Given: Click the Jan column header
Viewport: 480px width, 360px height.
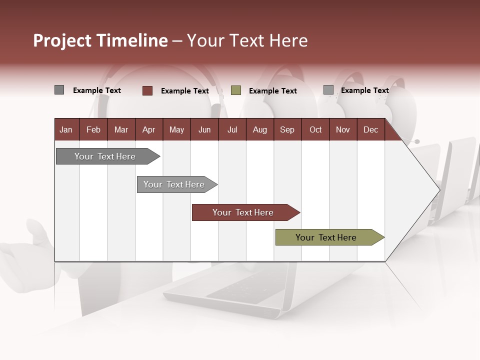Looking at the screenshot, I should point(66,130).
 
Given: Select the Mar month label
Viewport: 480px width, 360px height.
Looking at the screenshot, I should point(121,130).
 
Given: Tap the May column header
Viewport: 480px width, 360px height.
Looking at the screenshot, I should point(176,130).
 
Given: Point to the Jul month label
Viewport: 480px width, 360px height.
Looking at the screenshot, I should point(232,130).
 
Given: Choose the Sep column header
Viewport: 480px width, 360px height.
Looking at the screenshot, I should point(287,130).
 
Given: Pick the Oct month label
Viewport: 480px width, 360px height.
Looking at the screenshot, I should point(315,130).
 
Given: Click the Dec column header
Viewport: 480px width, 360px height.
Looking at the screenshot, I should point(370,130).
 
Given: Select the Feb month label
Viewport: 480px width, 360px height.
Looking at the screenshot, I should point(93,130).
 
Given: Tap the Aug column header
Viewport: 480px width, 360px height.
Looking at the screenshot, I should point(259,130).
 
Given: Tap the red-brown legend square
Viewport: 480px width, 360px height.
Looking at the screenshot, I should point(147,90).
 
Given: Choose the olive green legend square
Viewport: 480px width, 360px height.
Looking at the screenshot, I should point(236,90).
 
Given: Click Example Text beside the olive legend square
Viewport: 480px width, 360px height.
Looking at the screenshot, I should point(273,91).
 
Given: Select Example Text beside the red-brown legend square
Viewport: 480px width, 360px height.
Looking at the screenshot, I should point(185,91).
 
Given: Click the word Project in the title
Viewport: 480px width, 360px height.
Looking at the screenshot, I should point(62,40).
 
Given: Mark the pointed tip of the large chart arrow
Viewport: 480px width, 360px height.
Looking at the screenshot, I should point(439,189).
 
